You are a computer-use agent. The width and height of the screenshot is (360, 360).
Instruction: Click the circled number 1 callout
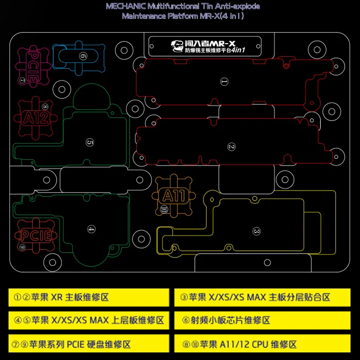[x=224, y=81]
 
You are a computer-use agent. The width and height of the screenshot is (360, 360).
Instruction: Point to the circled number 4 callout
[x=91, y=229]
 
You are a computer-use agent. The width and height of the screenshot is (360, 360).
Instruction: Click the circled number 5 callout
[x=90, y=143]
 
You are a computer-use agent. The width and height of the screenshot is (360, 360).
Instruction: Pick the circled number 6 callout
[x=83, y=56]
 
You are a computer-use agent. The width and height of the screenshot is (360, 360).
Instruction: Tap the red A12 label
[x=36, y=118]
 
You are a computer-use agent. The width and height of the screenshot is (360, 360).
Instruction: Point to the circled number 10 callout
[x=163, y=209]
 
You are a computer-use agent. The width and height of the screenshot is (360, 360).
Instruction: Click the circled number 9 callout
[x=22, y=247]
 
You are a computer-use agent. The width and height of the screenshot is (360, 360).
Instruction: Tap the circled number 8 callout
[x=45, y=107]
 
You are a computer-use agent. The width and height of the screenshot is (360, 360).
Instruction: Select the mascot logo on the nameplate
[x=177, y=46]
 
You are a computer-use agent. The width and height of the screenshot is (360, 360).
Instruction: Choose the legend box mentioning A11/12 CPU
[x=262, y=344]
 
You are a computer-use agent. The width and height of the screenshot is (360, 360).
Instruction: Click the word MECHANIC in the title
[x=125, y=6]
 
